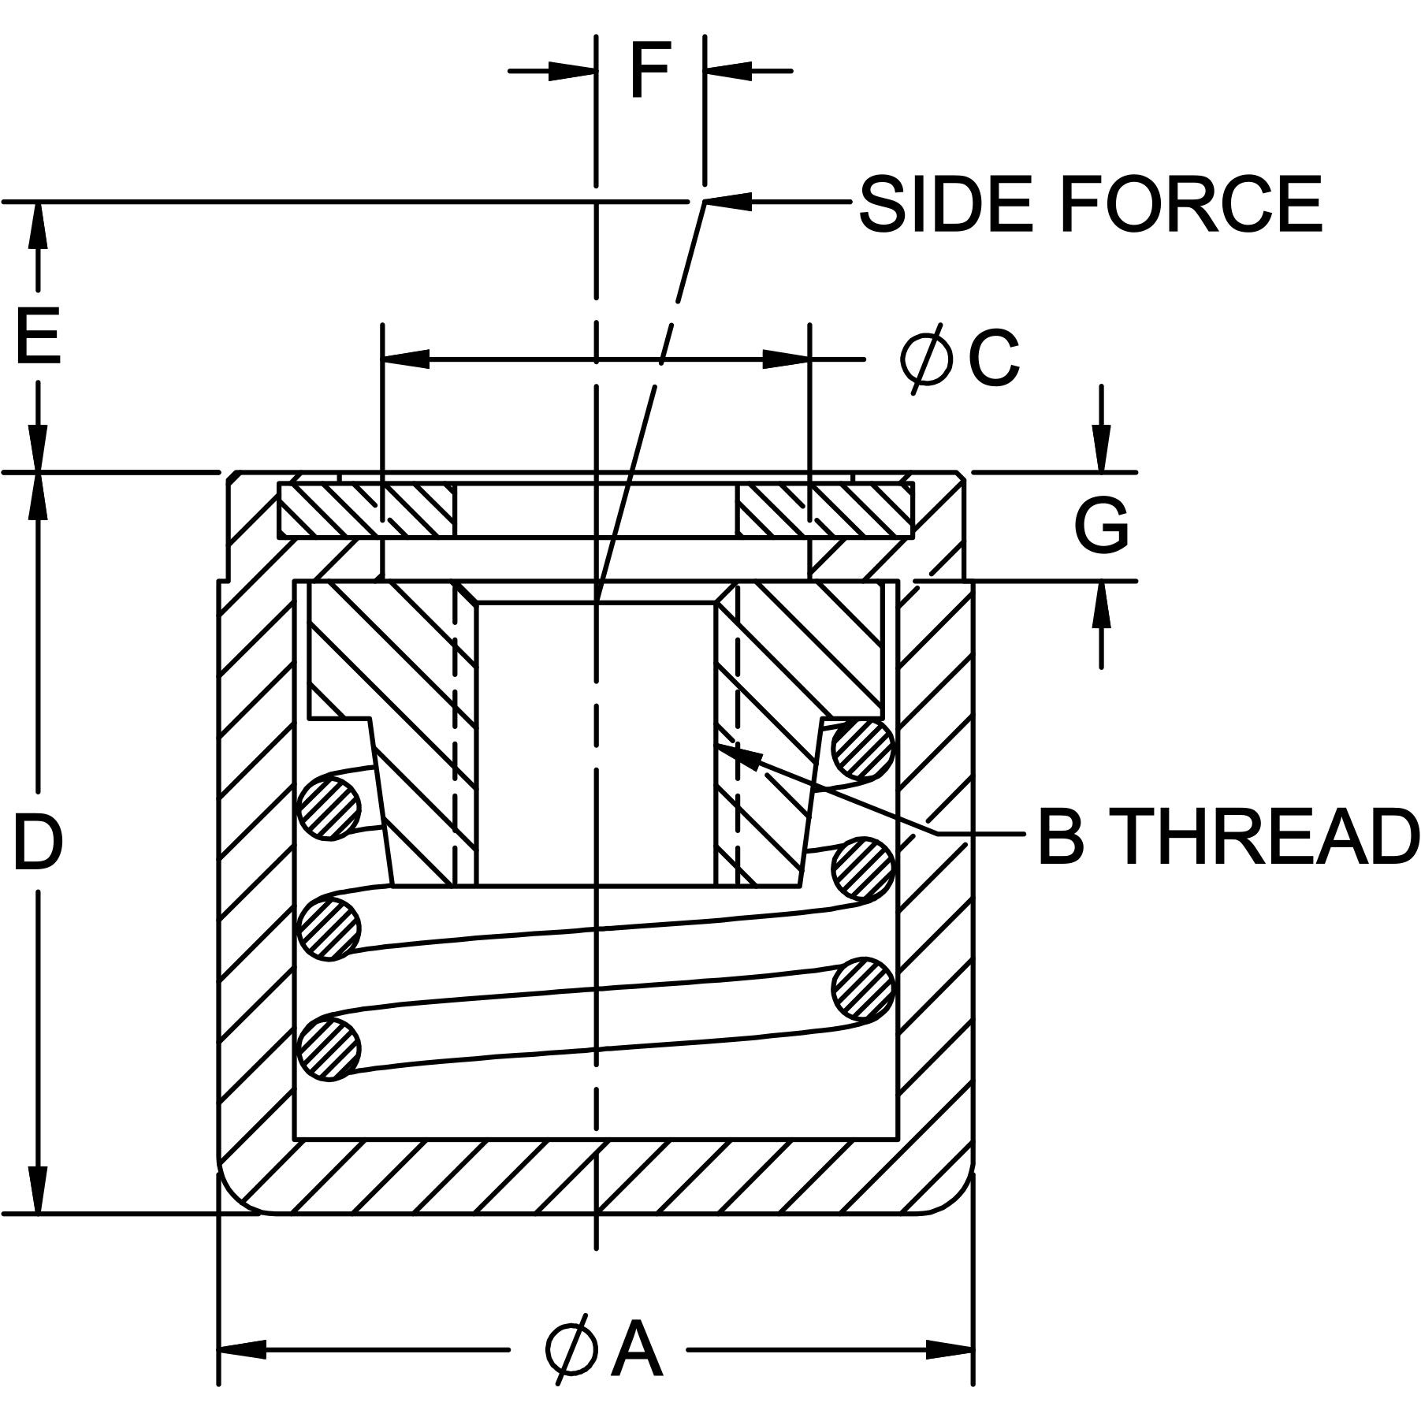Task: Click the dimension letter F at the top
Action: coord(650,72)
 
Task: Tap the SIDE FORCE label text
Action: coord(1090,205)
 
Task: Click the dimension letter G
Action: coord(1101,526)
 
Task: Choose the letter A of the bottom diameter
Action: coord(637,1350)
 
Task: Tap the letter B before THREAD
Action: coord(1061,837)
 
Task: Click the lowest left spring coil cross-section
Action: coord(330,1048)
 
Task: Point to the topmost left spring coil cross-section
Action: coord(330,808)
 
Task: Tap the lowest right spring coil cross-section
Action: coord(863,988)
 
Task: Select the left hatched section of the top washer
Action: coord(367,511)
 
